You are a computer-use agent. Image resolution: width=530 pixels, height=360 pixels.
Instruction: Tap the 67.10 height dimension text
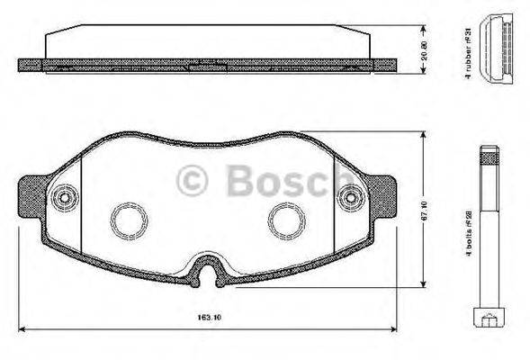click(436, 211)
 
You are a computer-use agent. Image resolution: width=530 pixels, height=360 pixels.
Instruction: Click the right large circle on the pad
click(287, 219)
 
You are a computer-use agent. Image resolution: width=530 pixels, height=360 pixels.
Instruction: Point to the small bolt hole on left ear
click(64, 197)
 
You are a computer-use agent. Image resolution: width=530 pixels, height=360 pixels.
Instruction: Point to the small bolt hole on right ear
click(348, 197)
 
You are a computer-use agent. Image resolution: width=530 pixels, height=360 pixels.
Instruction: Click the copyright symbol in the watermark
click(193, 181)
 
